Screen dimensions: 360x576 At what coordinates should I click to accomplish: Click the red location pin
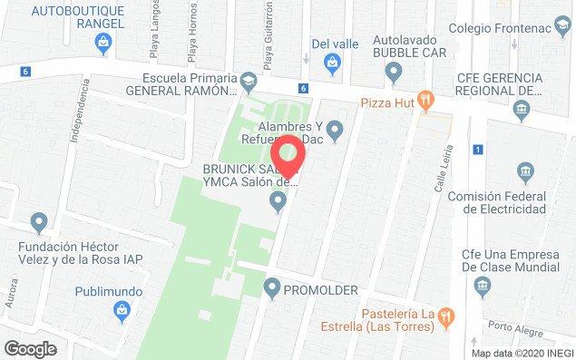coord(289,155)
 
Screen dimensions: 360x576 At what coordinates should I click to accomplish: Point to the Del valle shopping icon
coord(333,62)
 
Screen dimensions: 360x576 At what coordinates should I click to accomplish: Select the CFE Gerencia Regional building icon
coord(521,112)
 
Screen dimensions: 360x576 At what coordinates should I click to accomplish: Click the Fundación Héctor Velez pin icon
coord(38,220)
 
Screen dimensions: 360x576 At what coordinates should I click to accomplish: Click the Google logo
coord(30,347)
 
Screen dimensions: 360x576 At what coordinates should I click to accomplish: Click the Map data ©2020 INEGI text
coord(521,353)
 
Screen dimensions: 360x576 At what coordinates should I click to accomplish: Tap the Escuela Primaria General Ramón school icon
coord(248,84)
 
